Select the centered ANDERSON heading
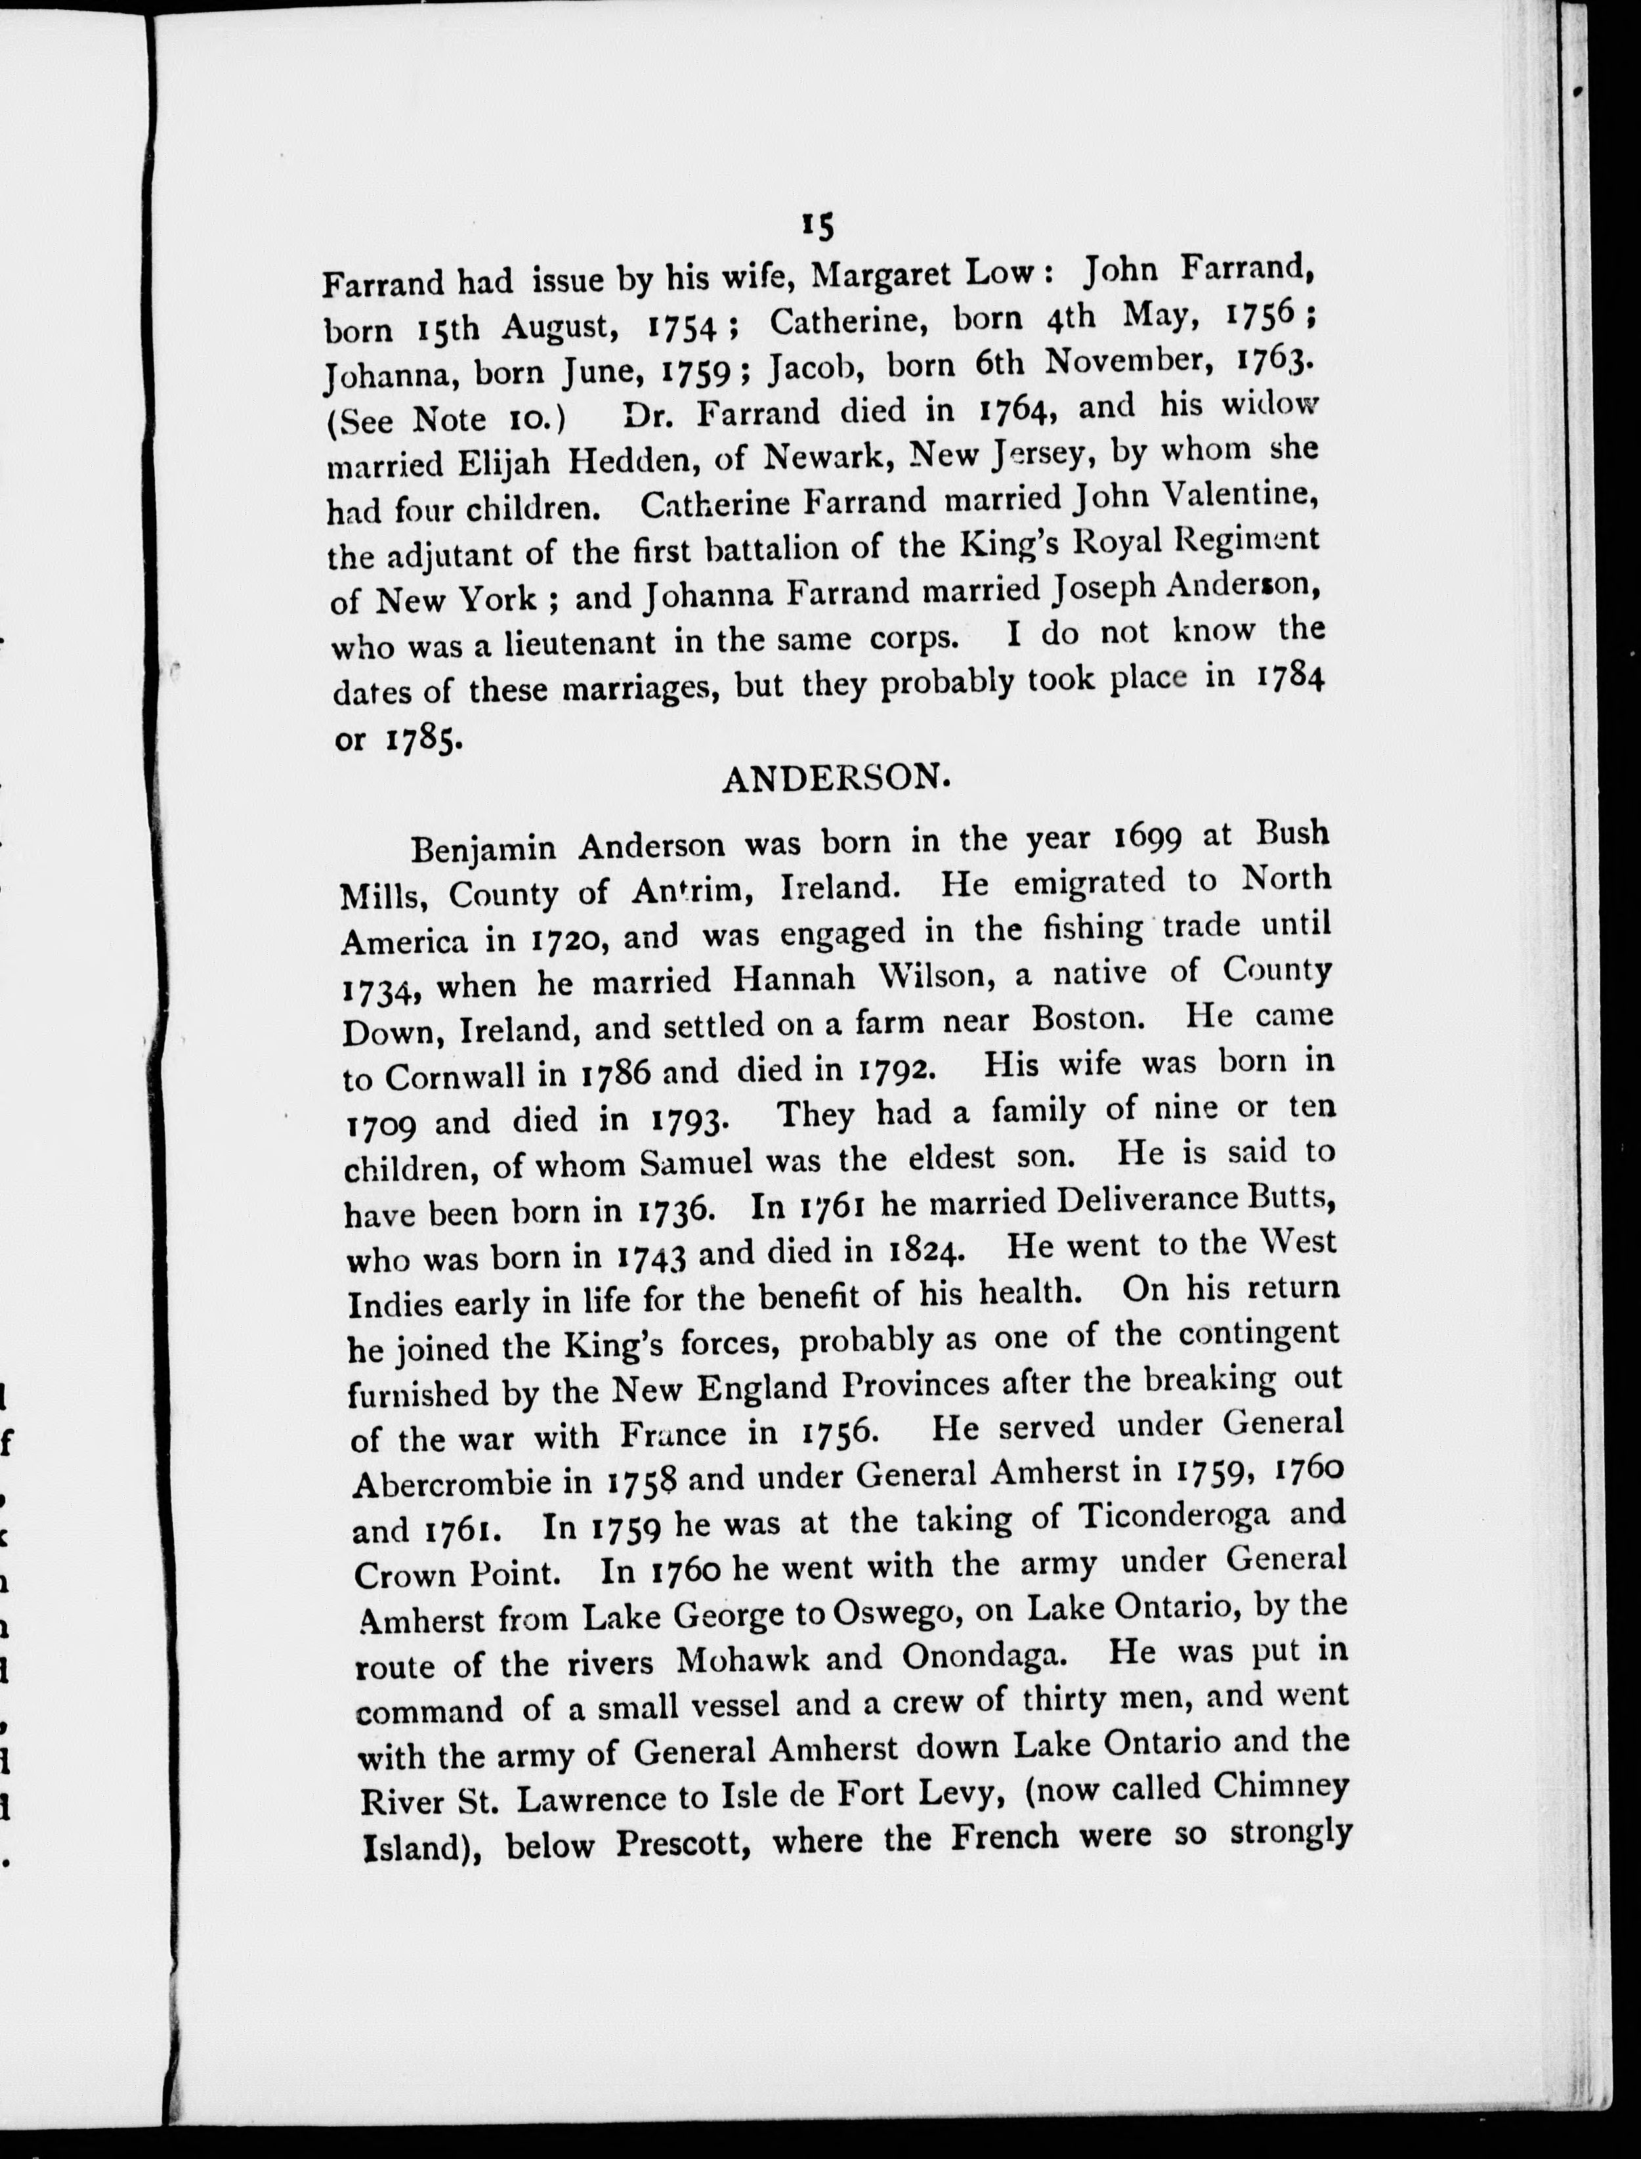[x=836, y=779]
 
